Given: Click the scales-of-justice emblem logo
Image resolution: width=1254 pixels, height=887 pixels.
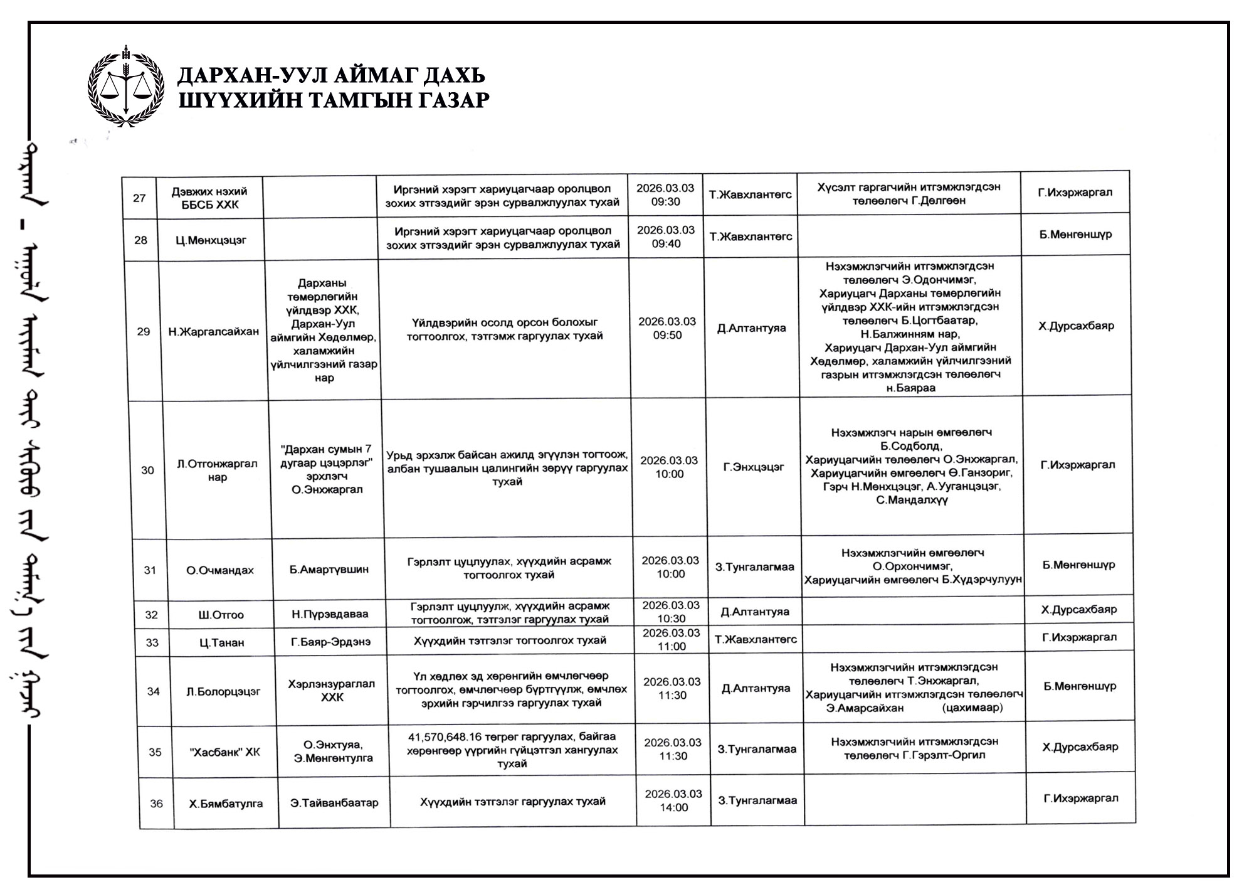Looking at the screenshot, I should pyautogui.click(x=126, y=86).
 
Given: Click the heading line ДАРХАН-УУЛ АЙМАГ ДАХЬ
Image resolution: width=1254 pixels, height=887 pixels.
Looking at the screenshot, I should pyautogui.click(x=331, y=76).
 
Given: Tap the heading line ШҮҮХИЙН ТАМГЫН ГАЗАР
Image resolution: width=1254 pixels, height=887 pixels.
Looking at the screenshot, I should pyautogui.click(x=334, y=100).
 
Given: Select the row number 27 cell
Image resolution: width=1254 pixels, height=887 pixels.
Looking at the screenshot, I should pyautogui.click(x=139, y=198).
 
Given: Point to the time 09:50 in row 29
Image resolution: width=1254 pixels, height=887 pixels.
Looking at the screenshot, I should pyautogui.click(x=668, y=336).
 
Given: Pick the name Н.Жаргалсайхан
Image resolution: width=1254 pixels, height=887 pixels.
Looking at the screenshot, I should pyautogui.click(x=213, y=332).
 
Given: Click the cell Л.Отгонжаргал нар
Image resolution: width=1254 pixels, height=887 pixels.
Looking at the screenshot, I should pyautogui.click(x=217, y=470).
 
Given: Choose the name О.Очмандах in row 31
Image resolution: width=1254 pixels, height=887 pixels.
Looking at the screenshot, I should pyautogui.click(x=220, y=570).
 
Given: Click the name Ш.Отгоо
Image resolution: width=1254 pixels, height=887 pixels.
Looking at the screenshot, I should pyautogui.click(x=221, y=615).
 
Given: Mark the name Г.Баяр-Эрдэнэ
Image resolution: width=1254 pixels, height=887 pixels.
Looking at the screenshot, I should pyautogui.click(x=330, y=642).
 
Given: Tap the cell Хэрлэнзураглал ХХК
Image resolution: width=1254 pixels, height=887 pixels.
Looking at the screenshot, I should pyautogui.click(x=332, y=691).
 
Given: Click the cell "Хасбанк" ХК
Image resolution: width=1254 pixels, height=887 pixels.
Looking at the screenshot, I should pyautogui.click(x=225, y=752).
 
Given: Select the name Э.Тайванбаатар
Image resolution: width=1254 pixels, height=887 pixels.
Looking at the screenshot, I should pyautogui.click(x=334, y=803).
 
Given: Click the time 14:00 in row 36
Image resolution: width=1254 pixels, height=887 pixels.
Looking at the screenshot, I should pyautogui.click(x=674, y=808).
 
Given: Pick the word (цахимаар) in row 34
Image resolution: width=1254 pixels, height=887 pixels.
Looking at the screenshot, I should pyautogui.click(x=972, y=708).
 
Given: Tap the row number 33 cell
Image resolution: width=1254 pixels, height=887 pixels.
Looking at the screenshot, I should pyautogui.click(x=152, y=642).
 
